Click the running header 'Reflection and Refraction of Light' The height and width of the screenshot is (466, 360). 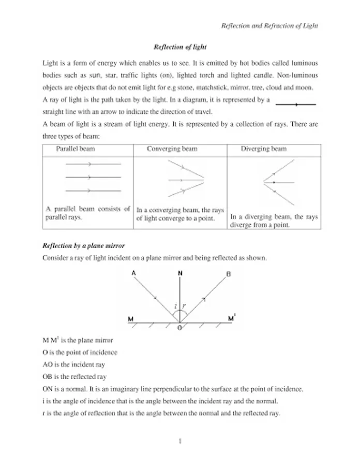pyautogui.click(x=269, y=25)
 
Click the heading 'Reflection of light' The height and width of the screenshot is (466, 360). pyautogui.click(x=180, y=47)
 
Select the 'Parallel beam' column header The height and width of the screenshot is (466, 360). pyautogui.click(x=76, y=149)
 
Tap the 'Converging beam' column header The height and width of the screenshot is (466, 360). pyautogui.click(x=172, y=149)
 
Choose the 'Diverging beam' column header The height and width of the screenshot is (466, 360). pyautogui.click(x=263, y=149)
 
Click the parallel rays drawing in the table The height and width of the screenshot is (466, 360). pyautogui.click(x=93, y=177)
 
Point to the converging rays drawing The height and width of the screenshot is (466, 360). pyautogui.click(x=186, y=179)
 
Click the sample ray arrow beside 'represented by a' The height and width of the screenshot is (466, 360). pyautogui.click(x=296, y=105)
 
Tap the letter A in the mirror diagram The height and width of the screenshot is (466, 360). pyautogui.click(x=134, y=273)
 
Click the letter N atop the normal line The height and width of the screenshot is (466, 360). pyautogui.click(x=179, y=273)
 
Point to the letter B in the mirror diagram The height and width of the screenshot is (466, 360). pyautogui.click(x=229, y=274)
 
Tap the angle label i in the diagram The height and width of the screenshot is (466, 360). pyautogui.click(x=175, y=307)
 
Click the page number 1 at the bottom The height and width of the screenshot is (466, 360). pyautogui.click(x=180, y=441)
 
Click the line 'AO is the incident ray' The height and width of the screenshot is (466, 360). pyautogui.click(x=73, y=365)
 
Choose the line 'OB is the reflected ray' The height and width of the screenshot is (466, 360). pyautogui.click(x=76, y=376)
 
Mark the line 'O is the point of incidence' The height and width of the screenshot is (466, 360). pyautogui.click(x=80, y=353)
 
